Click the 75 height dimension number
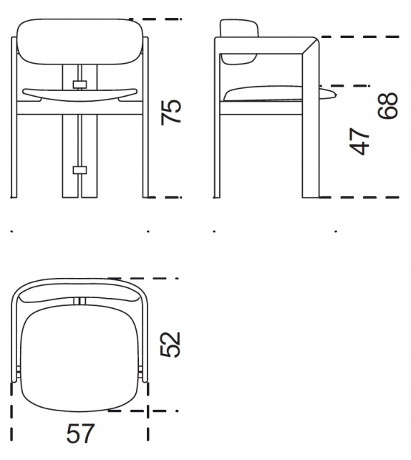click(172, 112)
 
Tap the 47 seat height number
click(362, 141)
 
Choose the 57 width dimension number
click(80, 433)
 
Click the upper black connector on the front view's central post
click(80, 85)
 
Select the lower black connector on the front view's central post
click(80, 170)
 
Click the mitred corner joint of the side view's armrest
click(310, 44)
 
